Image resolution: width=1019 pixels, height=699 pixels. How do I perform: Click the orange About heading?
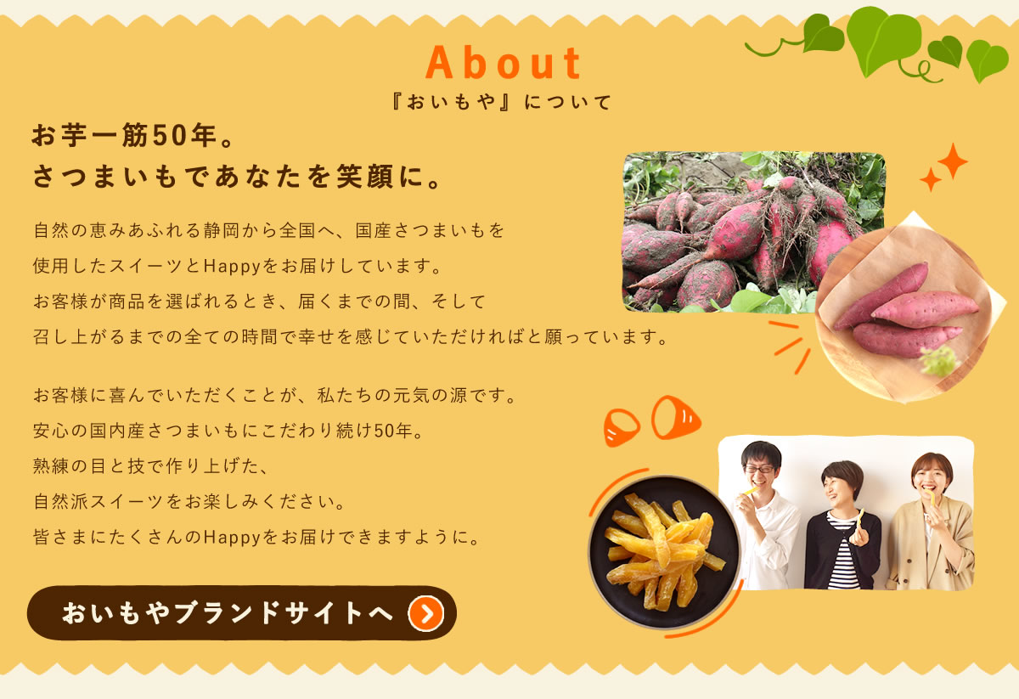[x=503, y=63]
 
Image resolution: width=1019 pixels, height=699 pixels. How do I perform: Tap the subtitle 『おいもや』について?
[x=502, y=102]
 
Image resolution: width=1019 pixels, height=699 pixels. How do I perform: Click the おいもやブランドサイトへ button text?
[x=228, y=612]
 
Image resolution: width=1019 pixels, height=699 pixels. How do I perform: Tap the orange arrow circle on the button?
[x=425, y=613]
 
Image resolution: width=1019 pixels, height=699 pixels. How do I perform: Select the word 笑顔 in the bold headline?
[x=365, y=177]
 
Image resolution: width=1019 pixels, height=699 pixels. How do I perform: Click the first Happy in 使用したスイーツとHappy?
[x=232, y=266]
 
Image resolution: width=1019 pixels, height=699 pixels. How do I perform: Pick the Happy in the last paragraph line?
[x=232, y=538]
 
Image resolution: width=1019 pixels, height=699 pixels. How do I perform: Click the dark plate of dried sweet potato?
[x=664, y=551]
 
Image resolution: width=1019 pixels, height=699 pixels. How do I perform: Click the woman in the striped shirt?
[x=842, y=526]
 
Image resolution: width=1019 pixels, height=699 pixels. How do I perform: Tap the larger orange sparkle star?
[x=952, y=161]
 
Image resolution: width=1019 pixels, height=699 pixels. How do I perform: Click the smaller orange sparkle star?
[x=931, y=179]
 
